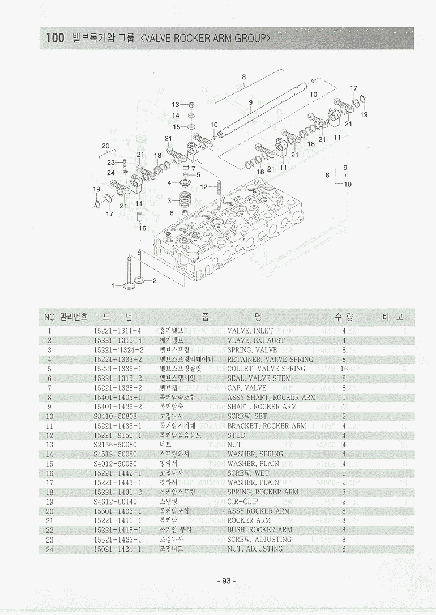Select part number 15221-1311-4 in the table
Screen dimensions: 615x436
(117, 331)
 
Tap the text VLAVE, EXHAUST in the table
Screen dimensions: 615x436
(256, 340)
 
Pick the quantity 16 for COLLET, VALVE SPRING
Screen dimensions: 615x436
(344, 369)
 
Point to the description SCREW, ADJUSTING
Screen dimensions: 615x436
(259, 540)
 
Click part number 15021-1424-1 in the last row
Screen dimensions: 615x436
(117, 549)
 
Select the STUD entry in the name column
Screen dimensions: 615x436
(236, 435)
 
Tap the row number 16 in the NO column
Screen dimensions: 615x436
(50, 473)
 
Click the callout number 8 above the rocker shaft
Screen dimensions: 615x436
(243, 76)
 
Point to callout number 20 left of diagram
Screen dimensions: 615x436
(105, 146)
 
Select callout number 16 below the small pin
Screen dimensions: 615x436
(143, 228)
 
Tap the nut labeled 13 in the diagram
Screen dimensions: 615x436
(191, 105)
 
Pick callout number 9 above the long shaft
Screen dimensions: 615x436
(250, 103)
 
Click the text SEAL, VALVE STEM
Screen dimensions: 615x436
(259, 378)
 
